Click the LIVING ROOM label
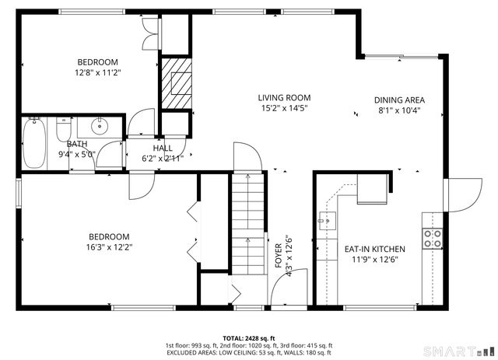pyautogui.click(x=285, y=97)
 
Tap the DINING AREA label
pyautogui.click(x=398, y=100)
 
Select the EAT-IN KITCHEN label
pyautogui.click(x=375, y=249)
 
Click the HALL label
pyautogui.click(x=163, y=148)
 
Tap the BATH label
pyautogui.click(x=77, y=144)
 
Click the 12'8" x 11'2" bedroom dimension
pyautogui.click(x=97, y=72)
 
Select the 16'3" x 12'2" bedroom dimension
pyautogui.click(x=108, y=247)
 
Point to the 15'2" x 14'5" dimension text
pyautogui.click(x=285, y=108)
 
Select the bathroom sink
pyautogui.click(x=100, y=126)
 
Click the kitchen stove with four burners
pyautogui.click(x=433, y=238)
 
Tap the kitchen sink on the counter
pyautogui.click(x=325, y=221)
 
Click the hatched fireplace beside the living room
pyautogui.click(x=176, y=82)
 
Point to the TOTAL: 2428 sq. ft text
pyautogui.click(x=248, y=337)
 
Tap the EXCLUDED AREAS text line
pyautogui.click(x=248, y=352)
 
